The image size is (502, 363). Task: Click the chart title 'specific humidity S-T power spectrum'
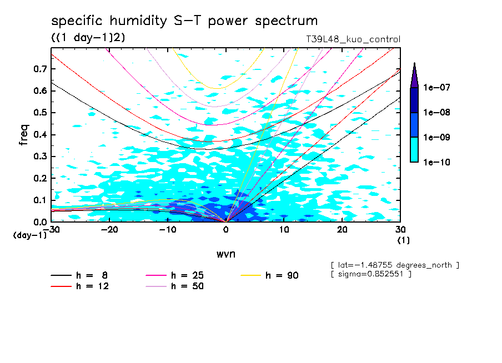[184, 21]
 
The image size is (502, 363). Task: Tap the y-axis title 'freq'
[24, 134]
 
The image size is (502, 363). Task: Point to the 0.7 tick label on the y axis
[39, 69]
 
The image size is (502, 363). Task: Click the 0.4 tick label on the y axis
[39, 135]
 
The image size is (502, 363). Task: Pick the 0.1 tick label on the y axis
[39, 200]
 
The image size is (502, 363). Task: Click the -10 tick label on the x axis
[168, 230]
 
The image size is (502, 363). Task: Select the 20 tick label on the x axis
[343, 230]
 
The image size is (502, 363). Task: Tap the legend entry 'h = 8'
[92, 275]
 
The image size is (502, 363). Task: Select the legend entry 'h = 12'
[92, 286]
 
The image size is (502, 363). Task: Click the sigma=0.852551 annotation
[371, 275]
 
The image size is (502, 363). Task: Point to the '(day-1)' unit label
[30, 235]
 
